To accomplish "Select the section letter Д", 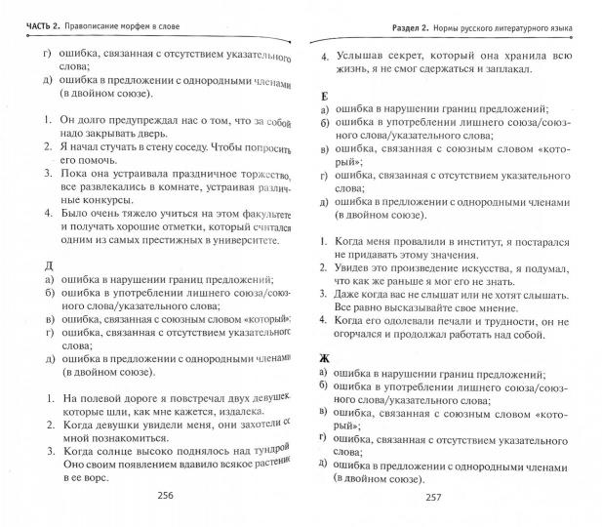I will (34, 264).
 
